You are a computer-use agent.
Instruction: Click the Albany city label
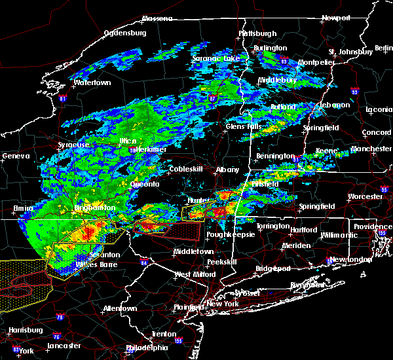tap(228, 170)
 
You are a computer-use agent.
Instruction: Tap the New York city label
tap(224, 304)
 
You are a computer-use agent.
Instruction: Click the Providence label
tap(373, 226)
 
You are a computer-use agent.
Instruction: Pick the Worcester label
tap(365, 196)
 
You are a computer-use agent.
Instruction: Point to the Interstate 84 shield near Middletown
tap(145, 263)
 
